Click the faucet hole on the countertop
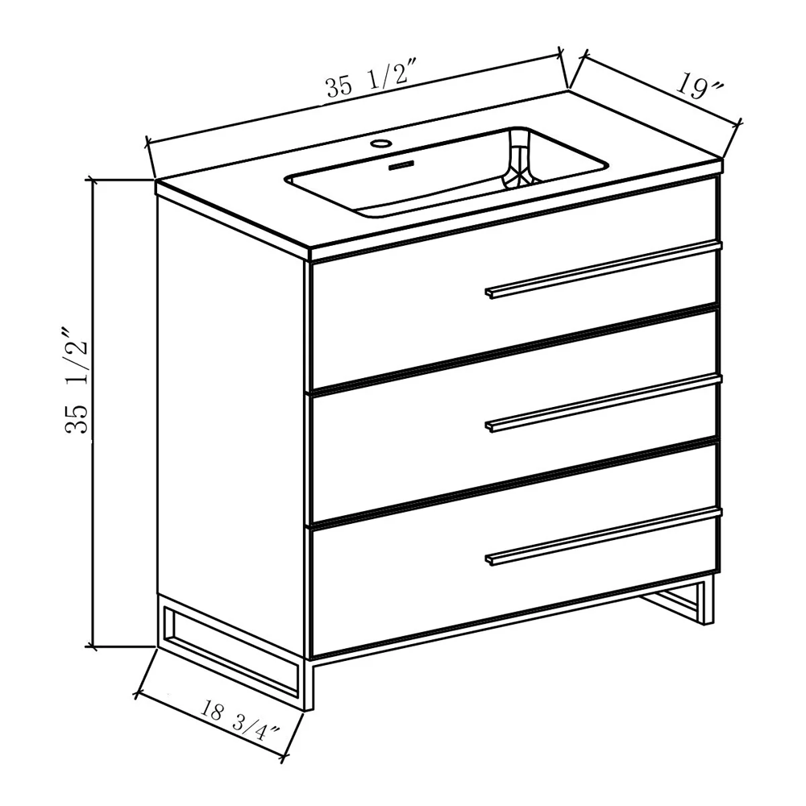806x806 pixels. coord(382,143)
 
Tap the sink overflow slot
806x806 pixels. coord(401,165)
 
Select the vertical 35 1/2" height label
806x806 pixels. coord(77,380)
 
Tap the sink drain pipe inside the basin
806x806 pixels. coord(520,160)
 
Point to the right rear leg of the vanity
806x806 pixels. coord(708,600)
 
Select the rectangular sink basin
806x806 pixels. coord(447,172)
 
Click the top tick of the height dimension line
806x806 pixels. coord(93,180)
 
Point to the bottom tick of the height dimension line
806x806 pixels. coord(93,646)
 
